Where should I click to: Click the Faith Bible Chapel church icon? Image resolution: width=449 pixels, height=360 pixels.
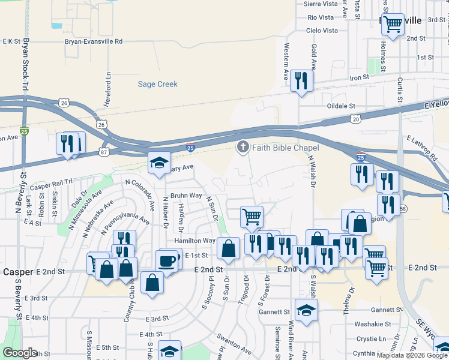[243, 147]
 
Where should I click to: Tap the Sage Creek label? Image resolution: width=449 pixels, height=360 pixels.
[158, 85]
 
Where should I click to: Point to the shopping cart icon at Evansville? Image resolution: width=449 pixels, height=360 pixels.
[393, 25]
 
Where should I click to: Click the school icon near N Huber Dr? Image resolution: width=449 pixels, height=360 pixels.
[160, 163]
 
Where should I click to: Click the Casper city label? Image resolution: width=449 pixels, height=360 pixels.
[17, 272]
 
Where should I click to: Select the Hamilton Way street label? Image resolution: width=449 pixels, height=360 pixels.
[194, 241]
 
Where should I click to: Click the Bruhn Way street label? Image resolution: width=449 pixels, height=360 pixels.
[186, 196]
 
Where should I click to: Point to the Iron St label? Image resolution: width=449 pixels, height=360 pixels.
[359, 77]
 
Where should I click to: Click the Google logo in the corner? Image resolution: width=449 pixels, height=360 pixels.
[20, 353]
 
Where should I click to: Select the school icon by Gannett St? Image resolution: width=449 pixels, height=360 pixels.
[306, 310]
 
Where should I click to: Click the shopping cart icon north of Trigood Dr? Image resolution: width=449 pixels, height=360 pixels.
[252, 216]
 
